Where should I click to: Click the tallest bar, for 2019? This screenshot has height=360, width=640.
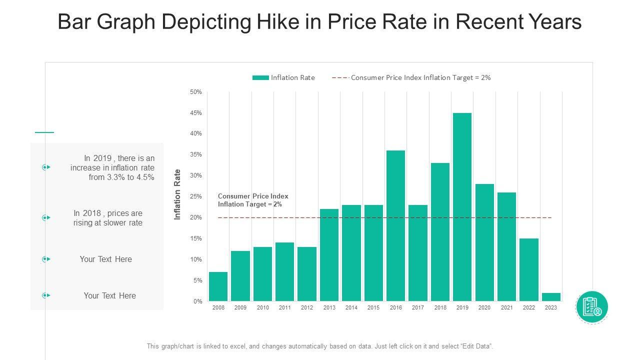pyautogui.click(x=462, y=207)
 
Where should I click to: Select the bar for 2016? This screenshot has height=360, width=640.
pyautogui.click(x=395, y=225)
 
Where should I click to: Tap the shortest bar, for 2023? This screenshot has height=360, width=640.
pyautogui.click(x=550, y=297)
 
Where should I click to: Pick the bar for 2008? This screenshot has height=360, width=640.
pyautogui.click(x=218, y=286)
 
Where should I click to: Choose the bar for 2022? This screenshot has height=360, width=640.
pyautogui.click(x=528, y=269)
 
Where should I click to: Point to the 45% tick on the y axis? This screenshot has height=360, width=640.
pyautogui.click(x=195, y=113)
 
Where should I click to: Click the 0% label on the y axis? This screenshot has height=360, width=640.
pyautogui.click(x=197, y=301)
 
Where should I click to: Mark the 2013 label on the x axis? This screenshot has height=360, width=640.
pyautogui.click(x=329, y=308)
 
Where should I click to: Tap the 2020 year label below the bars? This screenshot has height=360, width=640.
pyautogui.click(x=484, y=308)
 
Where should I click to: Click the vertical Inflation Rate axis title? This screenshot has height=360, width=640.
pyautogui.click(x=177, y=194)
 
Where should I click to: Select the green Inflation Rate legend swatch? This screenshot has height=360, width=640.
pyautogui.click(x=260, y=77)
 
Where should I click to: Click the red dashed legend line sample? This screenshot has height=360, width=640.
pyautogui.click(x=340, y=77)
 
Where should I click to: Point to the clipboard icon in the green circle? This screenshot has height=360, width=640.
pyautogui.click(x=591, y=306)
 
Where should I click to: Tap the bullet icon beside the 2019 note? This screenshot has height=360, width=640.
pyautogui.click(x=46, y=167)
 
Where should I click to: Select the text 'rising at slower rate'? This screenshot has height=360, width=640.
pyautogui.click(x=108, y=223)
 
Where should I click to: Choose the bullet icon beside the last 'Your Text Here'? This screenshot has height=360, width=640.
pyautogui.click(x=46, y=295)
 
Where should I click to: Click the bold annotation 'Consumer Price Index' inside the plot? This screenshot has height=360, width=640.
pyautogui.click(x=253, y=196)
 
